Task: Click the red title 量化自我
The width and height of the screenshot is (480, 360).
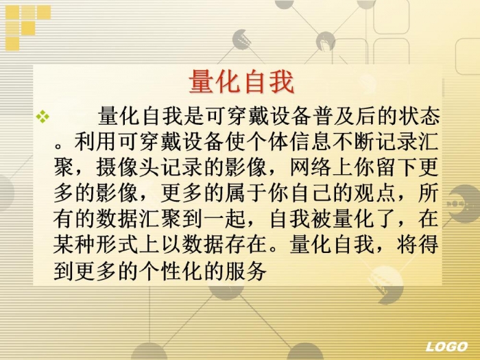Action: (241, 82)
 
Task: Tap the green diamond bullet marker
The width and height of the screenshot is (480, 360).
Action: (43, 117)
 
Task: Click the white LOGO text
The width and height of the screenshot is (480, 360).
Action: (446, 346)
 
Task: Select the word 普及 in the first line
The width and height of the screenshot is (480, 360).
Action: (335, 116)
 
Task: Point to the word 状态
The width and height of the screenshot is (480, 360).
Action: (420, 116)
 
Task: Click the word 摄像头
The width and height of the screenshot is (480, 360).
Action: (128, 167)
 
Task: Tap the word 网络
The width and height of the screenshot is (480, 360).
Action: (311, 167)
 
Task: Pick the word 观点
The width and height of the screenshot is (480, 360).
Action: (375, 193)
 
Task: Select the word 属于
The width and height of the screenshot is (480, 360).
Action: (245, 193)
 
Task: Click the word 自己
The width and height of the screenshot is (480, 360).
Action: (311, 193)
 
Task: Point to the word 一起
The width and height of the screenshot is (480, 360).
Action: (224, 219)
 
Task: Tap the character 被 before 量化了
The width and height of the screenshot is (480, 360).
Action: (322, 219)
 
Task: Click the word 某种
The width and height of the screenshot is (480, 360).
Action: (74, 244)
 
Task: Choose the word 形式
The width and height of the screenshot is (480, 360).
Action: (117, 244)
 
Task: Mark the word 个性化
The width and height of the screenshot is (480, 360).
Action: (171, 271)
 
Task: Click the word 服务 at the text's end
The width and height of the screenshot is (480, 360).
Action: (245, 271)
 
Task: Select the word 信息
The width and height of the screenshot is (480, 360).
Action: (311, 141)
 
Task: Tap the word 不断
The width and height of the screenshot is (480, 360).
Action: (354, 141)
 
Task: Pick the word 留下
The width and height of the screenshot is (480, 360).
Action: (396, 167)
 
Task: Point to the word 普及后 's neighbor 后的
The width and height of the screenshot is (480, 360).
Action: (377, 116)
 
